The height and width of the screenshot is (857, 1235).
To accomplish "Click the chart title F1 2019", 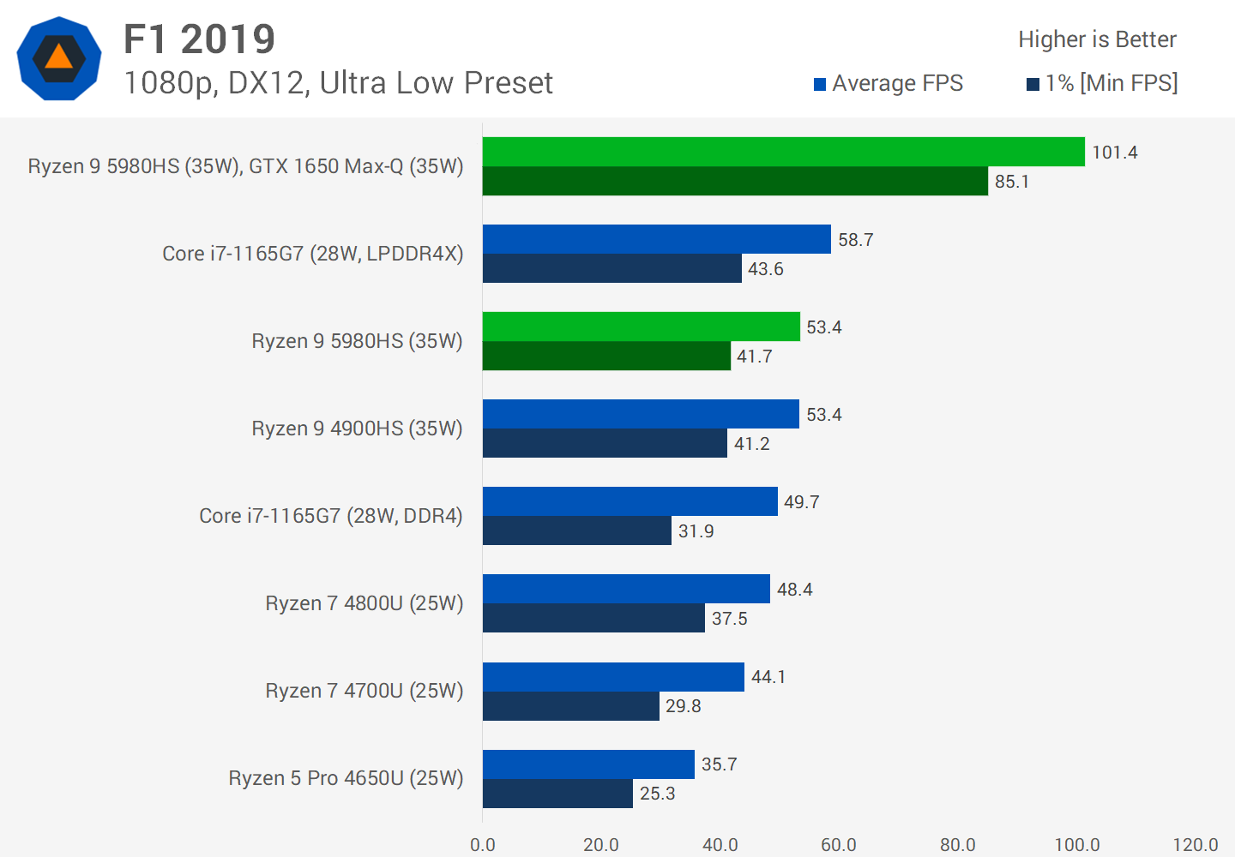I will [199, 39].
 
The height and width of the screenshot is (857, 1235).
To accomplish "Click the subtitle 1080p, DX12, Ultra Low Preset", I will [338, 83].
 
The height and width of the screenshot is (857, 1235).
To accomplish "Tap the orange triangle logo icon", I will [58, 58].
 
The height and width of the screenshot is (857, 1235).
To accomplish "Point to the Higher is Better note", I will [1097, 39].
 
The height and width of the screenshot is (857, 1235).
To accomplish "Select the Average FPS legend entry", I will [889, 83].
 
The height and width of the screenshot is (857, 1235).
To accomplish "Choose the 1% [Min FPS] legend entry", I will [1102, 83].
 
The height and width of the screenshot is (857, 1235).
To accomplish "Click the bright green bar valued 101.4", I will [783, 152].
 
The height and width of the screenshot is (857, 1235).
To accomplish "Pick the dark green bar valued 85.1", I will [735, 181].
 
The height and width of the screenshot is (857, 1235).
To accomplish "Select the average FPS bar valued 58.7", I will [656, 239].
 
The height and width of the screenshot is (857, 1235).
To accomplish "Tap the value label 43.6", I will [766, 269].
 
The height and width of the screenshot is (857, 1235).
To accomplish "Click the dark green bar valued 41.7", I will [606, 356].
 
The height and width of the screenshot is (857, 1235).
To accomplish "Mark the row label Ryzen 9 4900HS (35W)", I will [357, 428].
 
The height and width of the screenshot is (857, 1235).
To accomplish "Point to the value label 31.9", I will [696, 531].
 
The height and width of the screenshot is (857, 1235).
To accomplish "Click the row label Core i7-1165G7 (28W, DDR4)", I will [331, 516].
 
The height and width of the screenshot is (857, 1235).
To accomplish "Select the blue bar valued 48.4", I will [626, 589].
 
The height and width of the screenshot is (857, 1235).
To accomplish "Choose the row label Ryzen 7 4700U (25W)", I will [364, 691].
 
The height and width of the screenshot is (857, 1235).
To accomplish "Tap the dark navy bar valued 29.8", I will [570, 706].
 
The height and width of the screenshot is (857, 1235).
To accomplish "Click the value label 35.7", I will [720, 764].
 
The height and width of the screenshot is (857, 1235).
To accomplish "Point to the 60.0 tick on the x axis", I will [838, 845].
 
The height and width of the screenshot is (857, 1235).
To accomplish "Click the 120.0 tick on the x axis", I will [1195, 845].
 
